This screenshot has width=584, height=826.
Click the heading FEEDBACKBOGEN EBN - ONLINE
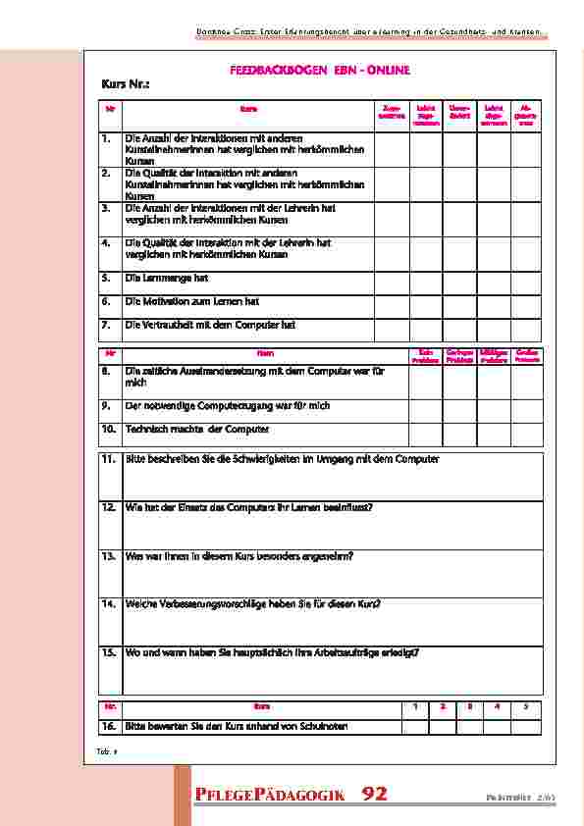point(319,71)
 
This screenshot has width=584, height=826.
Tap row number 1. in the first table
point(106,139)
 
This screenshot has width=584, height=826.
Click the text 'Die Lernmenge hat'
point(167,279)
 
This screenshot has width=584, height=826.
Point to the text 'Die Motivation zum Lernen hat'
point(192,302)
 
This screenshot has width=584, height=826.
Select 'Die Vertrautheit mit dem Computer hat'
point(210,325)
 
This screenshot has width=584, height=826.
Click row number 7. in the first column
point(106,325)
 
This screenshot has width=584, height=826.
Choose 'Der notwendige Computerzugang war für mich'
point(228,405)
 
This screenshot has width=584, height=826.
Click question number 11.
point(108,459)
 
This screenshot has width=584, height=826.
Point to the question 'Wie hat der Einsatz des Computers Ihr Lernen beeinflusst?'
point(248,507)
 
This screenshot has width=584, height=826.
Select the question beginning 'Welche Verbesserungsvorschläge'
point(253,603)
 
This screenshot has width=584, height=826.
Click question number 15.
point(108,651)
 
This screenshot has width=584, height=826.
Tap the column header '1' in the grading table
point(415,706)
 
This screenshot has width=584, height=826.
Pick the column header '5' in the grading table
point(525,706)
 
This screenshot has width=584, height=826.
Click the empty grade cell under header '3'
point(470,727)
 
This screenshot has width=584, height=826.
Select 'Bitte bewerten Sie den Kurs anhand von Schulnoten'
point(237,727)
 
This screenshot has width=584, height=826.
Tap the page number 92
point(374,794)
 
